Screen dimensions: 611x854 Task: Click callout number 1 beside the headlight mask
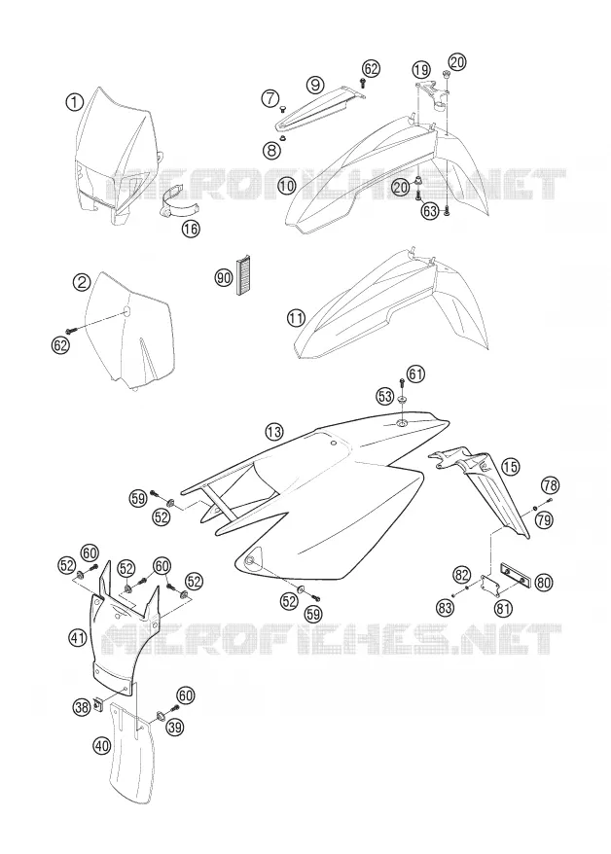pos(74,101)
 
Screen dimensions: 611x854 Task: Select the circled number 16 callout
pos(191,229)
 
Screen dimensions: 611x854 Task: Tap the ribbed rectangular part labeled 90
pos(241,275)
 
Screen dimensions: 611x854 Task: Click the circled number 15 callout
pos(510,466)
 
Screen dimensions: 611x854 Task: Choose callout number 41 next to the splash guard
pos(78,636)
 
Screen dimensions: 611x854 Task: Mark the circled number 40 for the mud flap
pos(102,746)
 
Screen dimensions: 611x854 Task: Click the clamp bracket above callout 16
pos(180,201)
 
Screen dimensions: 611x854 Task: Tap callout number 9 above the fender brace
pos(315,85)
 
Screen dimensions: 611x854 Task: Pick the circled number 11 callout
pos(296,317)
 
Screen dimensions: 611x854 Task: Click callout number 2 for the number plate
pos(82,281)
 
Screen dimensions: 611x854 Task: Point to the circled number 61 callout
pos(416,374)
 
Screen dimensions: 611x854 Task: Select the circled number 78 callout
pos(551,484)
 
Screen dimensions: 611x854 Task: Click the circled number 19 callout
pos(420,70)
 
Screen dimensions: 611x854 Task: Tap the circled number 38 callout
pos(82,707)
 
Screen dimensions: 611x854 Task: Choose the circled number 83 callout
pos(445,607)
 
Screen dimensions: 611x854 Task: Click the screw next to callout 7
pos(282,109)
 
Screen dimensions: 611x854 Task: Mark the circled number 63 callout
pos(430,211)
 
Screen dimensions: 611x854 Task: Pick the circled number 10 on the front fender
pos(286,187)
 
